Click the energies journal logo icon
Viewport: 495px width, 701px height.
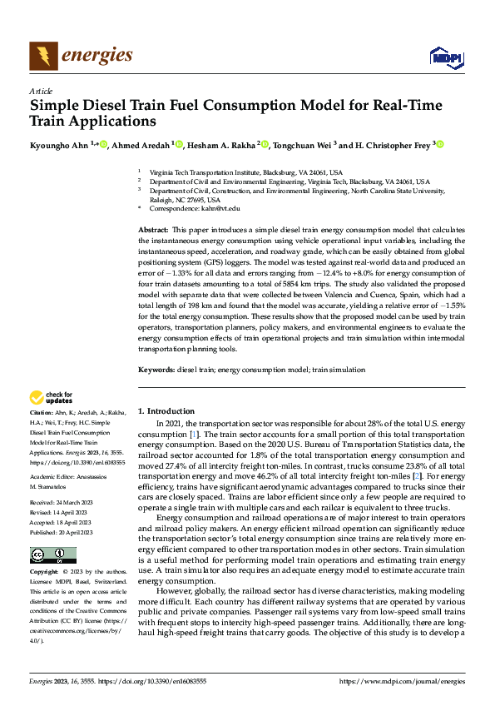click(x=44, y=55)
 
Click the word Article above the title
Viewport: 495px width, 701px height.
click(x=41, y=90)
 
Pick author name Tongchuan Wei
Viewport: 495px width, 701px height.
click(x=300, y=144)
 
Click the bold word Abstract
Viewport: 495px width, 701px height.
click(x=153, y=229)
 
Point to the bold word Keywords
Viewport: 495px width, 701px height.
click(x=156, y=369)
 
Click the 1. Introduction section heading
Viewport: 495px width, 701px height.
click(x=166, y=411)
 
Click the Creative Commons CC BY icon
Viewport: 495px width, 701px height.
click(x=53, y=555)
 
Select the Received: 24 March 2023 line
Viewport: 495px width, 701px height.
click(x=65, y=504)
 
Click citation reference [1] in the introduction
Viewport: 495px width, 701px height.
click(x=194, y=435)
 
